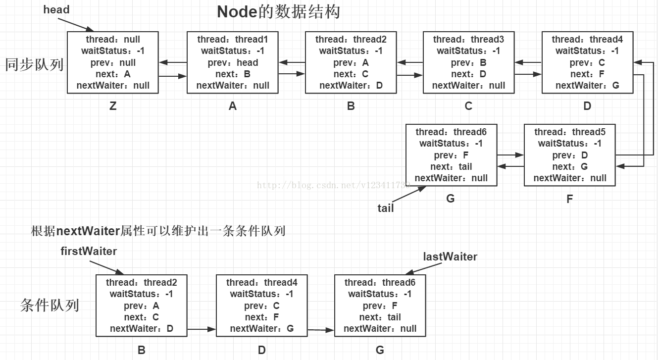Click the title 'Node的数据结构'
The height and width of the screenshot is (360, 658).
(x=278, y=12)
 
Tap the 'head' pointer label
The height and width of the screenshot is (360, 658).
(x=56, y=9)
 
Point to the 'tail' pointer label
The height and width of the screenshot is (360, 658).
(x=386, y=208)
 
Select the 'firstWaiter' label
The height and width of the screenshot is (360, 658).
(x=89, y=251)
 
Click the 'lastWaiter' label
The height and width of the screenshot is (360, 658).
(x=450, y=257)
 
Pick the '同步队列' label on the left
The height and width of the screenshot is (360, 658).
(x=34, y=64)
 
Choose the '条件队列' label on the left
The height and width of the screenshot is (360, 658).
(x=49, y=305)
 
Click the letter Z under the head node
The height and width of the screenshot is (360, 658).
(x=113, y=106)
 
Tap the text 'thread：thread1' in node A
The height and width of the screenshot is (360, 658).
(x=233, y=40)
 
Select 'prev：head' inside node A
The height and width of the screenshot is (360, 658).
(x=233, y=62)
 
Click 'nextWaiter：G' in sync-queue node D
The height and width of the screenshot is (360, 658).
(x=587, y=85)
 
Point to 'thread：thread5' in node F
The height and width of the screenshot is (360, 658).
(x=570, y=132)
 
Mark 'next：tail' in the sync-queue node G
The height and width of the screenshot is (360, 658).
(x=451, y=166)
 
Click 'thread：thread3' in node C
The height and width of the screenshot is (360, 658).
(x=468, y=40)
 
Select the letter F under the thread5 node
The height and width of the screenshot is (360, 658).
(x=570, y=199)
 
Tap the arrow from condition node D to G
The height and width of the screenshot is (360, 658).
(x=320, y=329)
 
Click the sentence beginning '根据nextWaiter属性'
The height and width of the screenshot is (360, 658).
(x=158, y=231)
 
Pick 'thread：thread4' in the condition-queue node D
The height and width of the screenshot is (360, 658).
(x=262, y=283)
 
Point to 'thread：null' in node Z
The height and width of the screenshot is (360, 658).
(x=113, y=40)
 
